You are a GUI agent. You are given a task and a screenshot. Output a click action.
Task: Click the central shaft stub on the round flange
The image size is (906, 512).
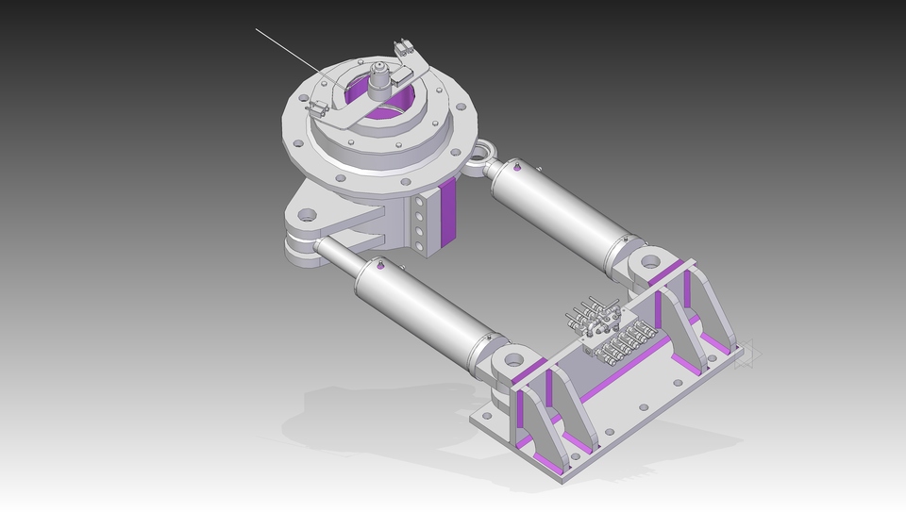coord(379,78)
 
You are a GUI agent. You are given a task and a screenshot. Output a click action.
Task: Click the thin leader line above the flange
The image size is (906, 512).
coord(283,47)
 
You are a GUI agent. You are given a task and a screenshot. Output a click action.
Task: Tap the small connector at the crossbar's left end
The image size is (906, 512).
coord(318,107)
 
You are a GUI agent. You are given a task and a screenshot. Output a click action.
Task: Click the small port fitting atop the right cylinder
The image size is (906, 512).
coord(518,168)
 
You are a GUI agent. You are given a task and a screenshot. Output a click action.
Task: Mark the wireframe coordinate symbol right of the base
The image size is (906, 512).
coord(747,355)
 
